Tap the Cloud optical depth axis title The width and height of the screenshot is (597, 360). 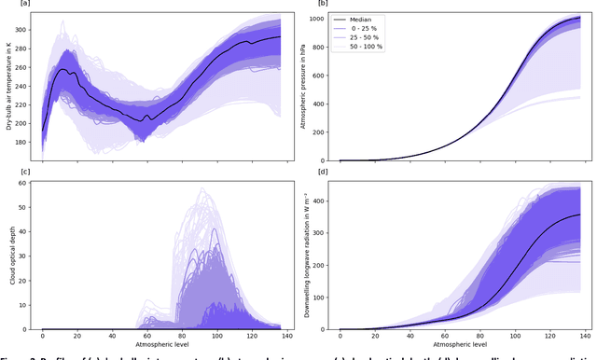(9, 255)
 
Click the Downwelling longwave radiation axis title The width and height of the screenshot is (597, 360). (306, 255)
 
